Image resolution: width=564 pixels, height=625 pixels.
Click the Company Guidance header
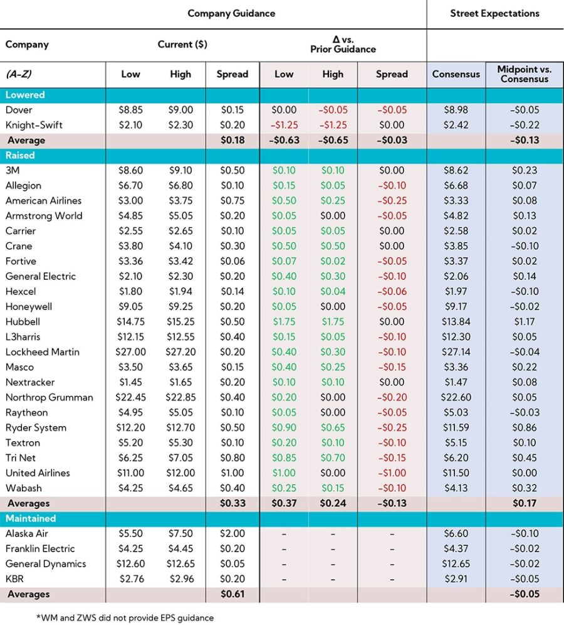coord(231,13)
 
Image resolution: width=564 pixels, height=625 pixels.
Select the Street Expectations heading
coord(494,13)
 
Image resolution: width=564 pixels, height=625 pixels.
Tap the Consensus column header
coord(456,74)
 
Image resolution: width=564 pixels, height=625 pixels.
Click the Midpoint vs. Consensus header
coord(525,74)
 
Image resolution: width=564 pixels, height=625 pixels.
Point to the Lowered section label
coord(25,95)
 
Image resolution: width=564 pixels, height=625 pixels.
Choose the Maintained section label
coord(31,518)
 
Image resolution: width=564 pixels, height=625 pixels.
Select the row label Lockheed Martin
coord(43,352)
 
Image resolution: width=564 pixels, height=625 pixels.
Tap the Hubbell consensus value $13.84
coord(456,322)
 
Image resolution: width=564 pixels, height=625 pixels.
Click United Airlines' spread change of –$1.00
coord(392,473)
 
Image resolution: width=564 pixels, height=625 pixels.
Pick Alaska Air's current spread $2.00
coord(232,533)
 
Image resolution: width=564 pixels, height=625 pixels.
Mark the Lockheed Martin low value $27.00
coord(130,352)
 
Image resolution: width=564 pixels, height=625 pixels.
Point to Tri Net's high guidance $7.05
coord(180,458)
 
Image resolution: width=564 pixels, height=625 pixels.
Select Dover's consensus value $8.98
coord(456,110)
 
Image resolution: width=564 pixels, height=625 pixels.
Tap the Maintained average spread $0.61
coord(232,594)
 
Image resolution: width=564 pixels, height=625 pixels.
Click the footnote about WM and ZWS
coord(125,617)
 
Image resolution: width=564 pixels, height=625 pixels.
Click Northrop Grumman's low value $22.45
coord(130,397)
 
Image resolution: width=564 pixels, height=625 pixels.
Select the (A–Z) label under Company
coord(19,74)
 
